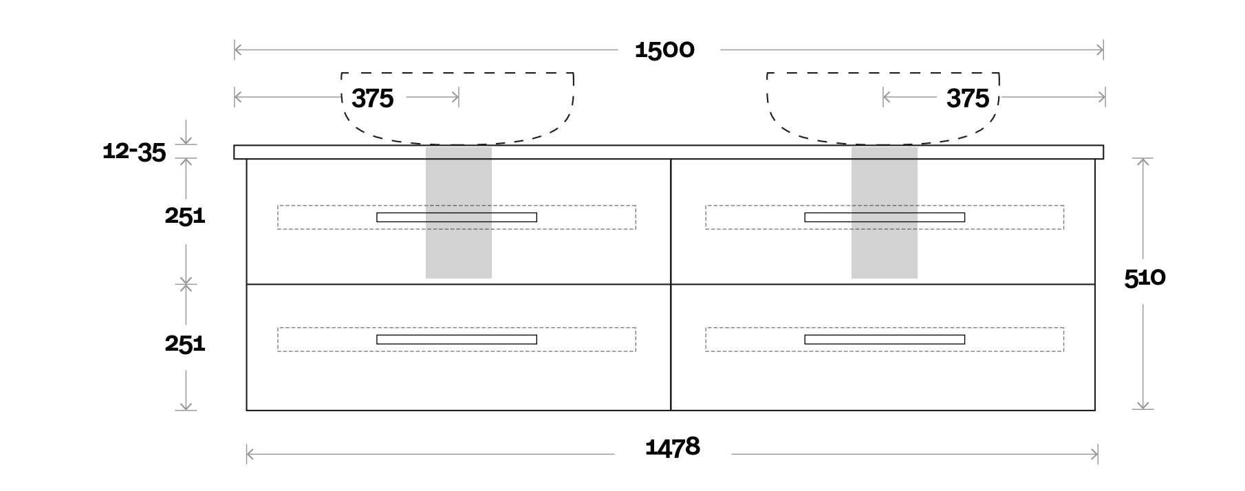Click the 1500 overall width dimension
tap(664, 50)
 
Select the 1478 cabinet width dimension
tap(672, 448)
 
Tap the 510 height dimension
tap(1145, 278)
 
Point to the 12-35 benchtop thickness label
tap(134, 151)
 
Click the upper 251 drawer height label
tap(184, 216)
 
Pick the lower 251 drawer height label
tap(184, 342)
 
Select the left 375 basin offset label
tap(372, 98)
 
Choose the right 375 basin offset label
tap(967, 98)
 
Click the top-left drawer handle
tap(456, 217)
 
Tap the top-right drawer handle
tap(884, 217)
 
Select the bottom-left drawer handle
tap(456, 339)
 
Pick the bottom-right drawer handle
tap(884, 339)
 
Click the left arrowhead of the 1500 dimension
tap(237, 50)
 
